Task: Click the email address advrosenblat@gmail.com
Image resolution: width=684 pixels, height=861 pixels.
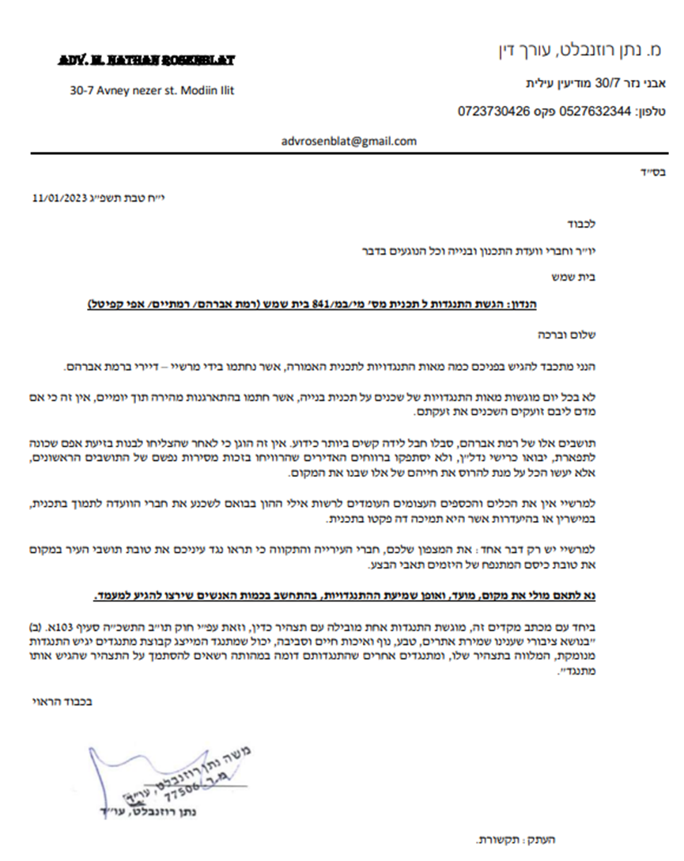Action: pyautogui.click(x=349, y=142)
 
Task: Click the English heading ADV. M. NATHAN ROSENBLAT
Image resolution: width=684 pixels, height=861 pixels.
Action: pyautogui.click(x=146, y=61)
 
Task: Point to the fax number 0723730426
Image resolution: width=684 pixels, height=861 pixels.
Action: pyautogui.click(x=493, y=111)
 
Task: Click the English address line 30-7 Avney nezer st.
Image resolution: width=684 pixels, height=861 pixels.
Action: pyautogui.click(x=152, y=90)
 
